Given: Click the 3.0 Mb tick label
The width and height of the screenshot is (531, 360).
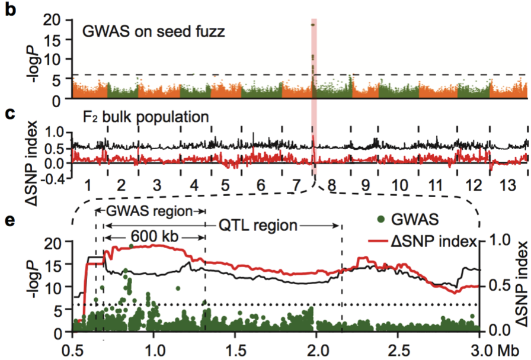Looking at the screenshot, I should (x=500, y=348).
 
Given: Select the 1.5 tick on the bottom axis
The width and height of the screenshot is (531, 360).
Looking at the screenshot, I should (x=235, y=348).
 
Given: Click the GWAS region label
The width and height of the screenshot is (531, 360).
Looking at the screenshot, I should (x=151, y=211).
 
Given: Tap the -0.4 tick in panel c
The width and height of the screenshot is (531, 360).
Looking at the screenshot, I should (x=53, y=178).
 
